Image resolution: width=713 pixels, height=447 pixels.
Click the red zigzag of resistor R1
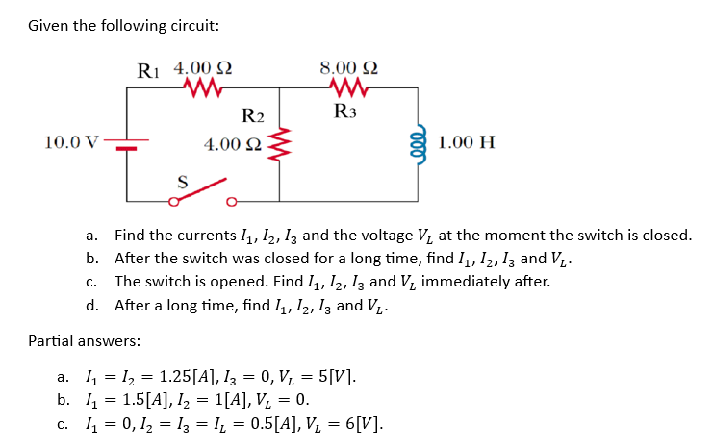point(203,88)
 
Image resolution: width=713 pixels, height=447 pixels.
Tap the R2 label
point(252,117)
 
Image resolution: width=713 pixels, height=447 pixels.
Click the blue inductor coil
point(418,144)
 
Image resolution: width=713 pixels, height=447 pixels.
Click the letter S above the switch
point(180,180)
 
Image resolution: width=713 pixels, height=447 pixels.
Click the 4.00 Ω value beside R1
point(203,69)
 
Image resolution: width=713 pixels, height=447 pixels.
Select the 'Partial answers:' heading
point(84,340)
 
